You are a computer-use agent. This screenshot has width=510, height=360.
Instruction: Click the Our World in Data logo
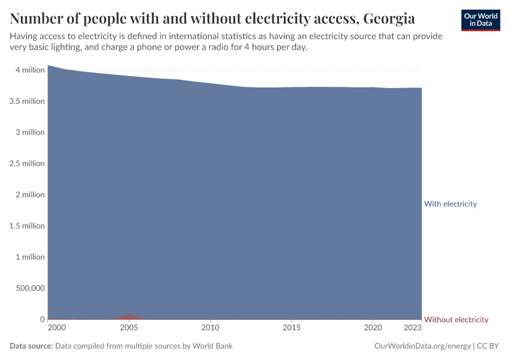480,20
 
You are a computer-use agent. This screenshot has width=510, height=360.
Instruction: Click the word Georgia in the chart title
389,19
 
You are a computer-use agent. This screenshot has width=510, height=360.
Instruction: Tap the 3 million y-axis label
30,133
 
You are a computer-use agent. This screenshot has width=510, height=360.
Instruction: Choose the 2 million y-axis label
30,195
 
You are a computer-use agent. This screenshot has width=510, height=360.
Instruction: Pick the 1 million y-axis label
30,257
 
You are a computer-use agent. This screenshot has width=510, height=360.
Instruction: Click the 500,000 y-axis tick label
29,289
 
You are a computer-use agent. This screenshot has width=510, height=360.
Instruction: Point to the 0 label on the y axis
42,320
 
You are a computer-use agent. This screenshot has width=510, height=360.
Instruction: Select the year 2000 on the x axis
56,328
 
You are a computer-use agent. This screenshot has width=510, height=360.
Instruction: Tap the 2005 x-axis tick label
129,328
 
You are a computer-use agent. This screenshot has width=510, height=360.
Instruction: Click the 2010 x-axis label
210,328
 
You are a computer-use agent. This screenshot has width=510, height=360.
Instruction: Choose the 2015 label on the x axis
292,328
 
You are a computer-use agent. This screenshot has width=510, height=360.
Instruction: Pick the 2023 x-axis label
413,328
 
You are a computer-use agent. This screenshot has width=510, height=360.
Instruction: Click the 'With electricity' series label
450,204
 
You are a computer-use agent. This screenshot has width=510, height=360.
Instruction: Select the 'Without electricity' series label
456,320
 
